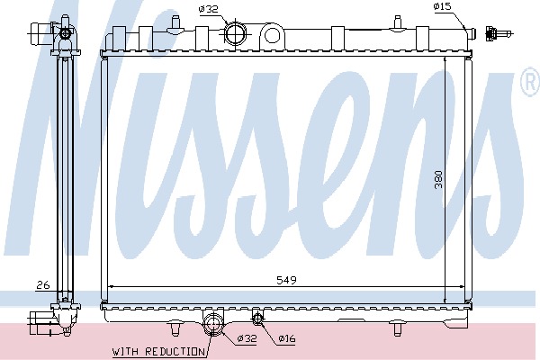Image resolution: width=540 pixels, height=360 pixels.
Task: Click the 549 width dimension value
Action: coord(286,280)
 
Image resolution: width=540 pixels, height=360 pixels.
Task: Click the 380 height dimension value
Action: coord(438,179)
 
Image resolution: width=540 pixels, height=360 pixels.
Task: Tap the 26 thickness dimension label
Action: coord(43,285)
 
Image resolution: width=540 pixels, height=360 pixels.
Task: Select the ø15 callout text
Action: coord(442,6)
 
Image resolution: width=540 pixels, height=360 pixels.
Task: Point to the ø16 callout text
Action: coord(287,338)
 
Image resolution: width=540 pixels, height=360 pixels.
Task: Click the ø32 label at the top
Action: coord(209,9)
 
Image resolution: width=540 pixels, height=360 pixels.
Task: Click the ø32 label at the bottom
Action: coord(247,338)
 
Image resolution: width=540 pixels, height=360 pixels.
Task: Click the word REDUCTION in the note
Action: coord(175,352)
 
